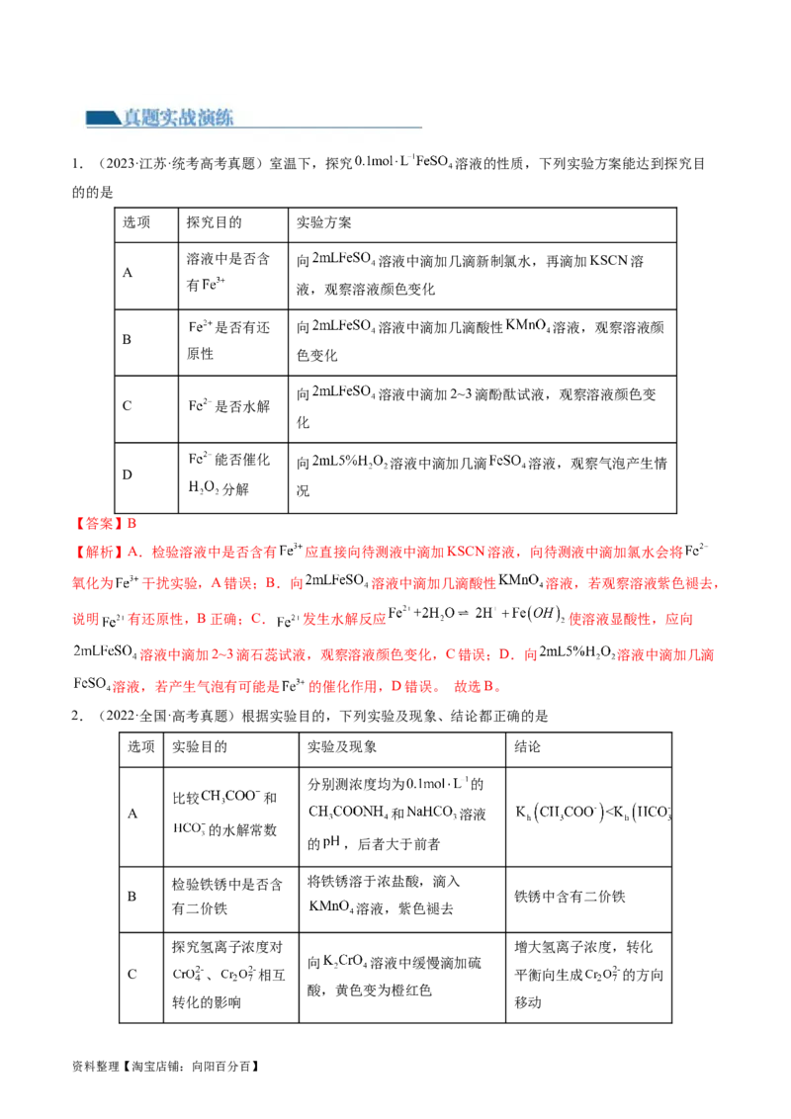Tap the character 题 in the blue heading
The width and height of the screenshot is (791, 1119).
[x=154, y=119]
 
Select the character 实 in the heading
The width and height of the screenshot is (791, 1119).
[x=175, y=119]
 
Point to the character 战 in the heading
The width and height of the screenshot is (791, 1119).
[x=196, y=119]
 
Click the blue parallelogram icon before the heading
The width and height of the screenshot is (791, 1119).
[x=102, y=119]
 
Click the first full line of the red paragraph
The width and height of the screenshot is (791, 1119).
[x=386, y=551]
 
